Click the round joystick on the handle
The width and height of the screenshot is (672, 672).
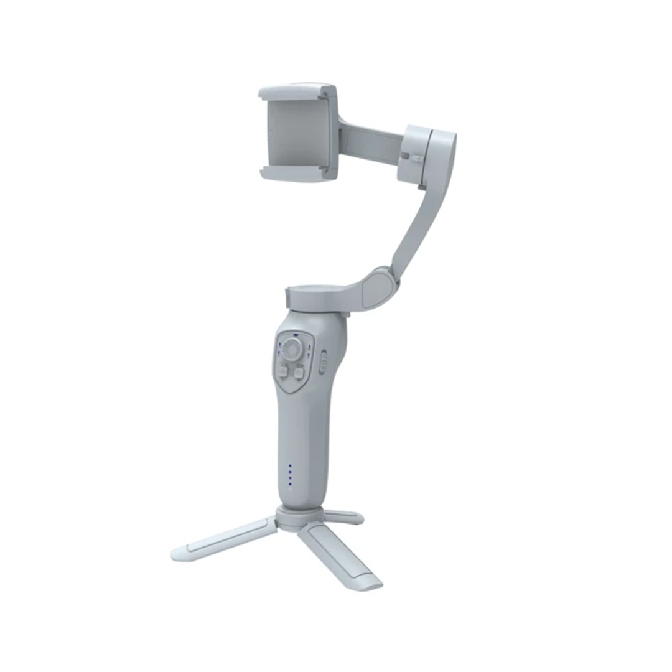coord(291,349)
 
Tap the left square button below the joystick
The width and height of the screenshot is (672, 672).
coord(283,372)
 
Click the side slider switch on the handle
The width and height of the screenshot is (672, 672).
coord(323,362)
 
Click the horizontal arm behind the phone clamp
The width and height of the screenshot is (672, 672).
coord(370,143)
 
